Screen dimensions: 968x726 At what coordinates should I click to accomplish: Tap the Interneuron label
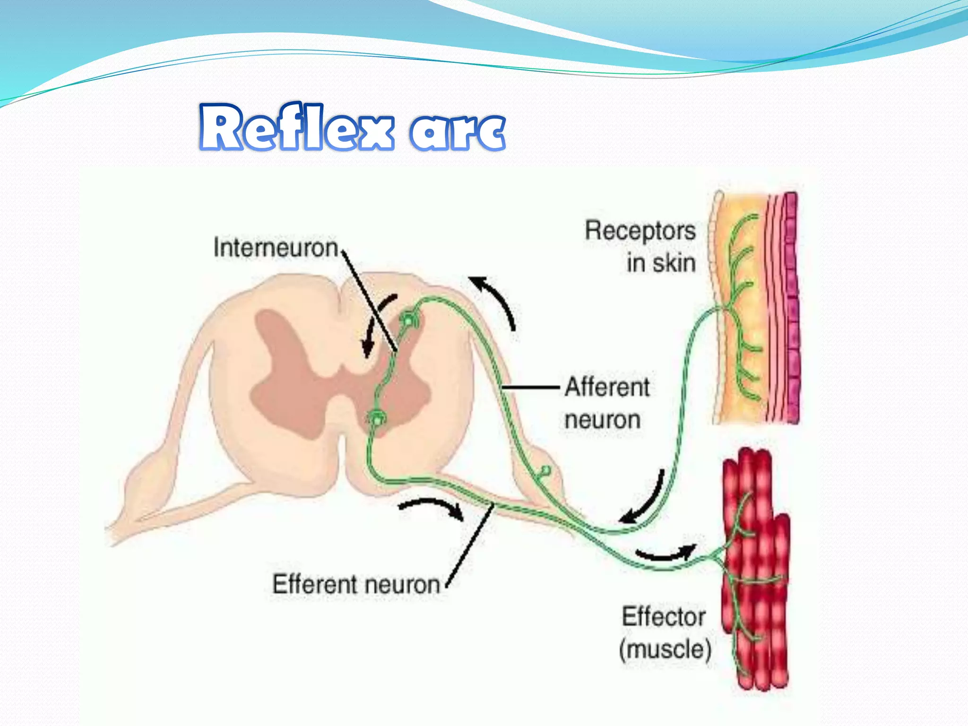[276, 248]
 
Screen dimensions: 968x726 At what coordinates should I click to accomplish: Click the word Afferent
[607, 387]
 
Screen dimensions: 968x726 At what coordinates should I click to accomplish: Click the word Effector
[664, 617]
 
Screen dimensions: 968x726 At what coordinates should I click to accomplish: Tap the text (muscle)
[665, 649]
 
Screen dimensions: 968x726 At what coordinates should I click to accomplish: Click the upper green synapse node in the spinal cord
[407, 320]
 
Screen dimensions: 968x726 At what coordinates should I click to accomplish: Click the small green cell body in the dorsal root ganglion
[545, 471]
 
